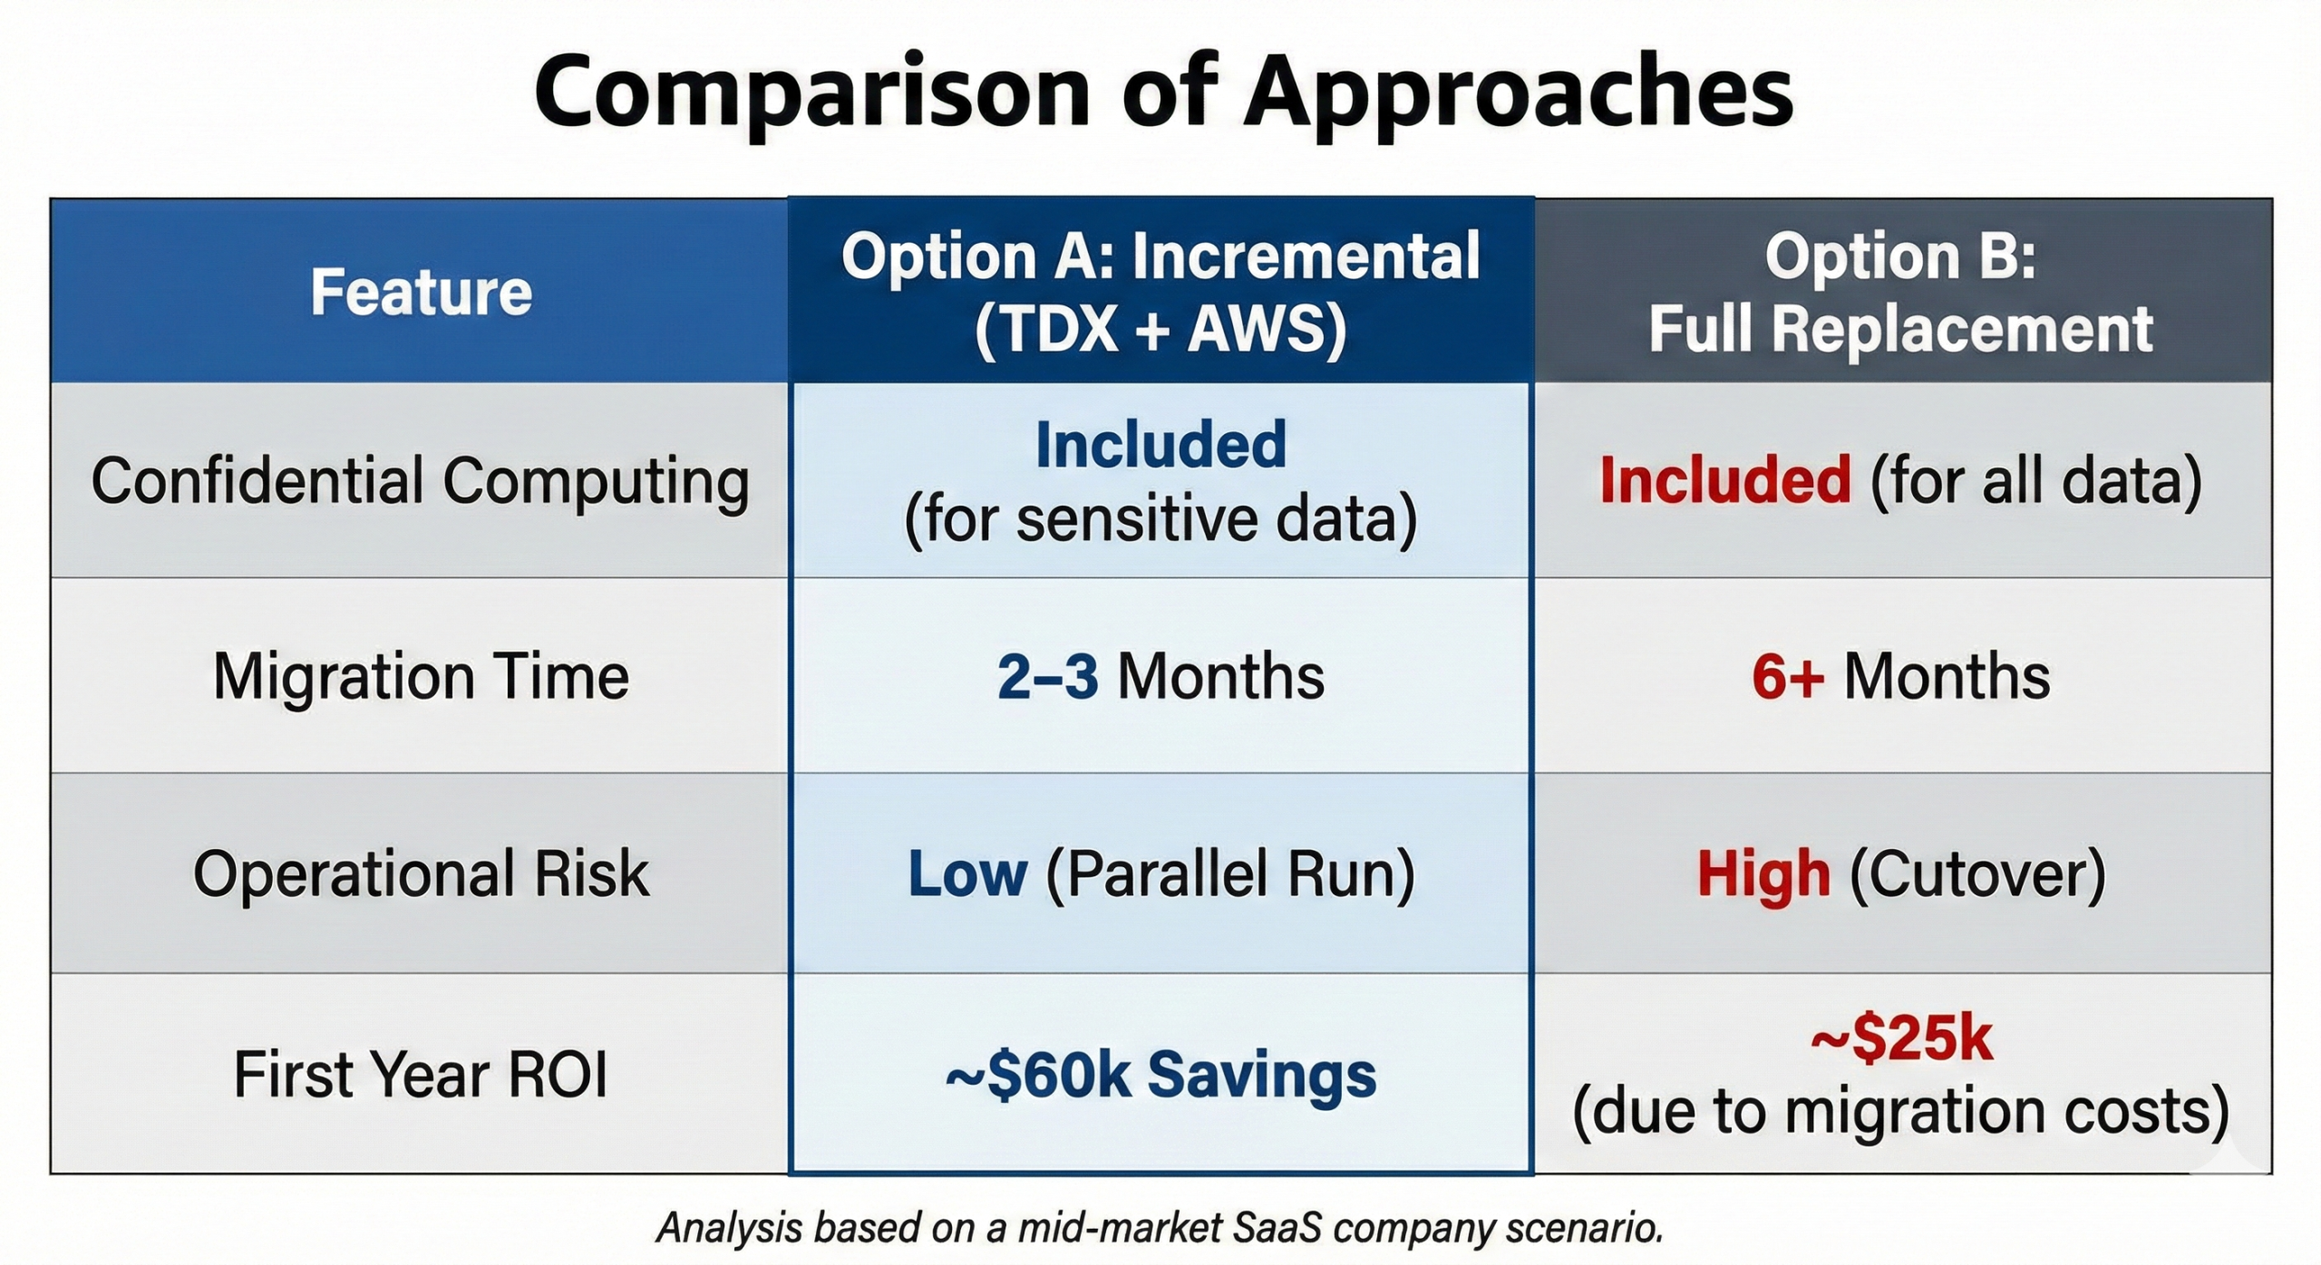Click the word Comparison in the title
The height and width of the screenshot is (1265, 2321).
click(811, 92)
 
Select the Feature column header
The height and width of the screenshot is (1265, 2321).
click(421, 292)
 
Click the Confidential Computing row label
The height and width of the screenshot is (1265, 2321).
click(421, 480)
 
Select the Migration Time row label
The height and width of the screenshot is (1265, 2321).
click(421, 677)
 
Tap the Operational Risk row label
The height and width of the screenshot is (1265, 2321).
click(421, 874)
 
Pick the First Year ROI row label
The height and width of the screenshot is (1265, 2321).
click(421, 1075)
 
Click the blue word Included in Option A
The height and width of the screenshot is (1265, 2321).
click(1160, 445)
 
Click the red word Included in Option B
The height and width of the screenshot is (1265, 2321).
click(1724, 480)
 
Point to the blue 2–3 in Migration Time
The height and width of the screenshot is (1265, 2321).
click(1047, 677)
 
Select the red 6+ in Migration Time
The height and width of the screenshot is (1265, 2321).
click(1787, 677)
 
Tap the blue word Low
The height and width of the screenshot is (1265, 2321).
click(967, 874)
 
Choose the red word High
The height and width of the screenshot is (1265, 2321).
click(1763, 874)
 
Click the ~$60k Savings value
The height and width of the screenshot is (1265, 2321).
click(1160, 1075)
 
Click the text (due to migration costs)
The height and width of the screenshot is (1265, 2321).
click(1900, 1112)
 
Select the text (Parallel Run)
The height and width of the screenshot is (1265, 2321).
click(1229, 874)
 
